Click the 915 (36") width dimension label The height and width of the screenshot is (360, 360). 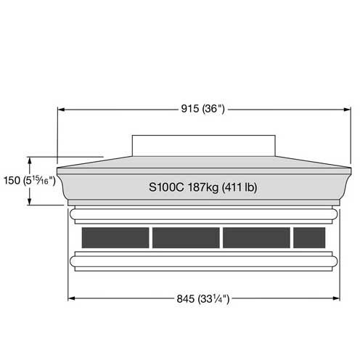tap(202, 109)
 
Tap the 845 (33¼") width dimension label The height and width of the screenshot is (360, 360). tap(202, 299)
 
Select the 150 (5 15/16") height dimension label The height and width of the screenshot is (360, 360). tap(30, 181)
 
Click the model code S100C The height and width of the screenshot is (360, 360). tap(166, 187)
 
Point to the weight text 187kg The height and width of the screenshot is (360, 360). tap(203, 187)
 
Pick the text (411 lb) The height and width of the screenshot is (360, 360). tap(240, 187)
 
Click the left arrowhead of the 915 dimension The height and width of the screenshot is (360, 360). tap(61, 110)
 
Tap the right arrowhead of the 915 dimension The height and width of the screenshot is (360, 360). tap(347, 110)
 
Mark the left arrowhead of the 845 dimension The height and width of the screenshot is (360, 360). tap(72, 298)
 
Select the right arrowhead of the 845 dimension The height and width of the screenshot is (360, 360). tap(336, 298)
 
